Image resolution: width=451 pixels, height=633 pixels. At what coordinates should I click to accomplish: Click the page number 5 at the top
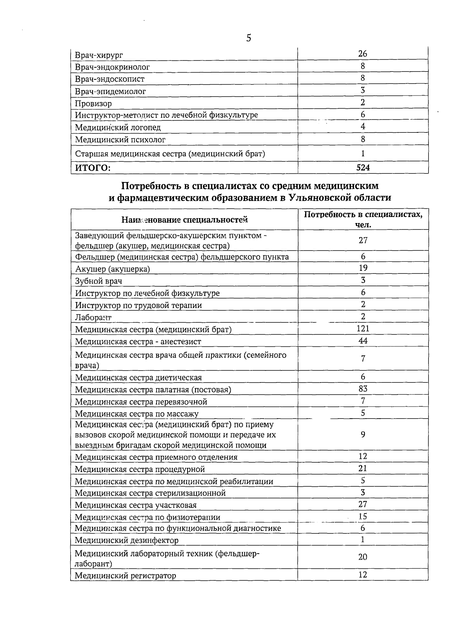click(248, 38)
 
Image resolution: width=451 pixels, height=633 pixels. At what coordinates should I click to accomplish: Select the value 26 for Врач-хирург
click(363, 54)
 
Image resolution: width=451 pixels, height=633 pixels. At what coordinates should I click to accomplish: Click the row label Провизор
click(93, 103)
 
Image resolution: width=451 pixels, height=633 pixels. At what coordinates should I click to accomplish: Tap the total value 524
click(363, 168)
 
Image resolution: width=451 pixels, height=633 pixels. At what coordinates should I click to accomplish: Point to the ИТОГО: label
click(93, 168)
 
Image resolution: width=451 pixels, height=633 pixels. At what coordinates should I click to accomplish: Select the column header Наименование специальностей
click(185, 220)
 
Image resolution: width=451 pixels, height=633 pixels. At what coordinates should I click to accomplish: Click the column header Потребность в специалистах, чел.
click(363, 220)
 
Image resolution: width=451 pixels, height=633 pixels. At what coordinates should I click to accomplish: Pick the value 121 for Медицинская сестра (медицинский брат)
click(363, 329)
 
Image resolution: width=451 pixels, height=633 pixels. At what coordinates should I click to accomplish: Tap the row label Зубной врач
click(98, 281)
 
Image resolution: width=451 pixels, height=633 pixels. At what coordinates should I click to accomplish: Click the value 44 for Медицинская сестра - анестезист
click(363, 341)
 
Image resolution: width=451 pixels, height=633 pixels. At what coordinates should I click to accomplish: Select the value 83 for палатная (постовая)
click(363, 389)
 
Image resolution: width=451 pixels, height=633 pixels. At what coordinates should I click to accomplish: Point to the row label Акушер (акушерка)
click(112, 269)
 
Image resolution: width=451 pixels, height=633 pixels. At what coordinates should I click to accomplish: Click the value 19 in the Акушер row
click(363, 268)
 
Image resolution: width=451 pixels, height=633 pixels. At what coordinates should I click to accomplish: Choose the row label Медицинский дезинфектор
click(127, 540)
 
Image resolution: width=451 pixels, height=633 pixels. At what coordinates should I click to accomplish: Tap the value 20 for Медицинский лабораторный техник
click(363, 557)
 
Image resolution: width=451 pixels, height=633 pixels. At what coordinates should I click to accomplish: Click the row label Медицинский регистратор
click(126, 576)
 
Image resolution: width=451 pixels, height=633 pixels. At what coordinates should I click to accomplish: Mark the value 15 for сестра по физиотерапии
click(363, 517)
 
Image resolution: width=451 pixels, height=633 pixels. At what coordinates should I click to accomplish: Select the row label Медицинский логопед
click(118, 128)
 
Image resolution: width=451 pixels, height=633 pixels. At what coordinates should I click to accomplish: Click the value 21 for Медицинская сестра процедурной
click(363, 469)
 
